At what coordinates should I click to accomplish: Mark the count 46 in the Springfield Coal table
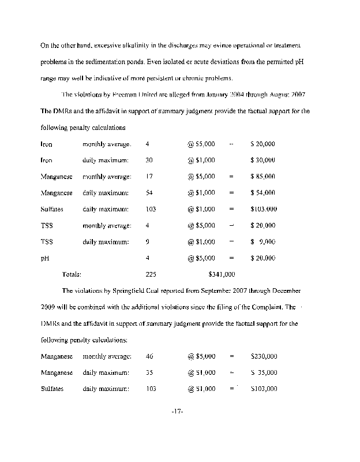tap(150, 357)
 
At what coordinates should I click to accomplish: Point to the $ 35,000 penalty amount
tap(264, 373)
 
